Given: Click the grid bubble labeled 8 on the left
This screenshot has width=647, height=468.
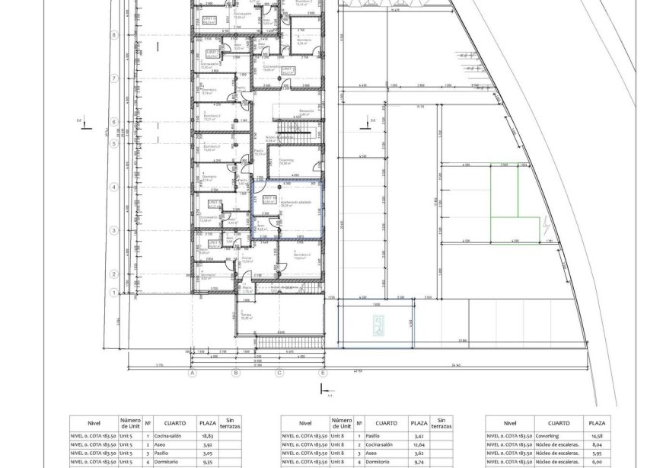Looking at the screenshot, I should [113, 34].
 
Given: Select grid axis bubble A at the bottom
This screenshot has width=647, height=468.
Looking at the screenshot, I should [193, 373].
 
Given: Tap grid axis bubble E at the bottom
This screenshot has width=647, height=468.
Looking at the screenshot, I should [323, 373].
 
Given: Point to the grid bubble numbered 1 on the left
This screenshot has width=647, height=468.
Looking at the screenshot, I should [113, 292].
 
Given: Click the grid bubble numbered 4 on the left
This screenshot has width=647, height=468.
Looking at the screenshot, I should [113, 187].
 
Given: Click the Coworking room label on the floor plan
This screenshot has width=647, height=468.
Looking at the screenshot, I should [286, 161].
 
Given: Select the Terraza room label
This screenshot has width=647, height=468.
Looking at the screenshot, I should [246, 316].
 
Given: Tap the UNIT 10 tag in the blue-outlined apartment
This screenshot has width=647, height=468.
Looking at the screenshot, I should [268, 199].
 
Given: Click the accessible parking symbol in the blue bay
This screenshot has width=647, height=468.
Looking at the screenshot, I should [378, 326].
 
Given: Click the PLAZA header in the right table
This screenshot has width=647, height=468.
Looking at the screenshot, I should [597, 423].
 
